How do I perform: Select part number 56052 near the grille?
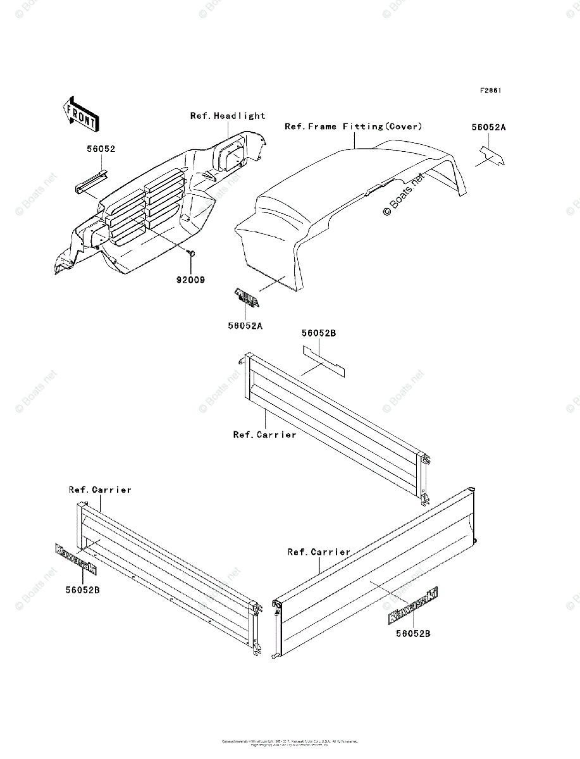click(101, 149)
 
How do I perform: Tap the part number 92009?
click(190, 279)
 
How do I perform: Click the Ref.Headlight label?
click(228, 116)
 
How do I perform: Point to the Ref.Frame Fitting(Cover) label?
click(353, 126)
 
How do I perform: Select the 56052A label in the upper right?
click(488, 127)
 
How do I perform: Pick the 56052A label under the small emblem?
click(245, 326)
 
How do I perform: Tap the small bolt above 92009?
click(190, 253)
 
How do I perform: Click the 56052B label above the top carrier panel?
click(318, 333)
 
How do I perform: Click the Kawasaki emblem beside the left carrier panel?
click(75, 559)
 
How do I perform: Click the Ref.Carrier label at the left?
click(100, 490)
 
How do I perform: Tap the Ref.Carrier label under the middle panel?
click(264, 435)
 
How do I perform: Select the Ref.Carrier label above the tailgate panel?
click(319, 552)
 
